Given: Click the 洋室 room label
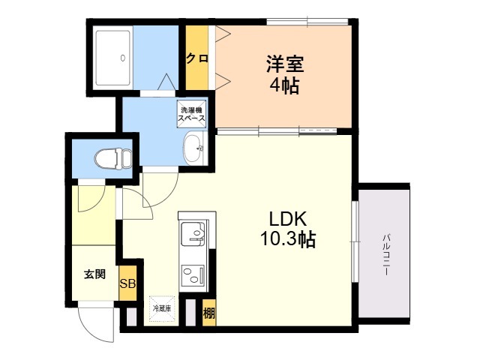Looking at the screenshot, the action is (285, 64).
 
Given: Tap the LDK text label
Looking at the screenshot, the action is (288, 219).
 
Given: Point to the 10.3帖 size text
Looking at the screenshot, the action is (288, 238).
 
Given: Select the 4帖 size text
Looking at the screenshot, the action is (284, 85).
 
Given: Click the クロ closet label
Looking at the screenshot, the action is (197, 58).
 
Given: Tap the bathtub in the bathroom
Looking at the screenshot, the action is (112, 58).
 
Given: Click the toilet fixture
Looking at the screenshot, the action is (113, 158).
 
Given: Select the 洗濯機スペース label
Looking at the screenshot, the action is (192, 114).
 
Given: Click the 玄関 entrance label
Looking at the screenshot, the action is (95, 274).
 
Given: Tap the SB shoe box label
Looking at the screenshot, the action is (127, 283).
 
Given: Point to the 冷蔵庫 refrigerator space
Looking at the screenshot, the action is (162, 308).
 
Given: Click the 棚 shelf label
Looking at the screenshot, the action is (209, 313).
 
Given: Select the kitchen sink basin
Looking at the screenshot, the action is (193, 232).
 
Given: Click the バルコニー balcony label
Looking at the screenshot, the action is (386, 255).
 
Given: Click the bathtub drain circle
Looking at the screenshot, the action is (123, 58).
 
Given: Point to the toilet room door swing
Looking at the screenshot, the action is (97, 204).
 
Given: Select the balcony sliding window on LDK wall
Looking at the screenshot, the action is (355, 241).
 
